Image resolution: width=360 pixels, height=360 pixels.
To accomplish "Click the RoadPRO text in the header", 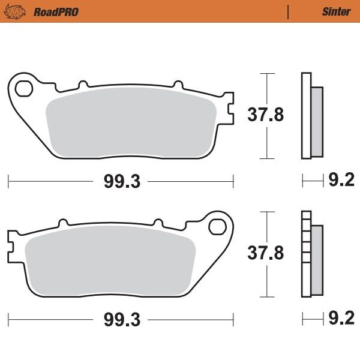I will click(56, 11).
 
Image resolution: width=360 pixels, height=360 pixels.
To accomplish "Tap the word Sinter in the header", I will click(336, 11).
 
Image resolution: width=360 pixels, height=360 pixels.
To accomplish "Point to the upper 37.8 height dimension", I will click(266, 115).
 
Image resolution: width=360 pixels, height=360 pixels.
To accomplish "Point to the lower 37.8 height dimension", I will click(266, 254).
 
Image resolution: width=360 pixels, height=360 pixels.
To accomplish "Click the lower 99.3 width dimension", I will click(121, 319).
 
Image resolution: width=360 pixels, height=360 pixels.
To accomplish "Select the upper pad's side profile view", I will click(311, 116).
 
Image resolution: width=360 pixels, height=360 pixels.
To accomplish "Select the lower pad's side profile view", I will click(311, 254).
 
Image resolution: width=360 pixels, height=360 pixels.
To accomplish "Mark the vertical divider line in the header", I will click(289, 11).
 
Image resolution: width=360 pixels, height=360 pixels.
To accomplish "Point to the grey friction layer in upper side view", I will click(317, 120).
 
